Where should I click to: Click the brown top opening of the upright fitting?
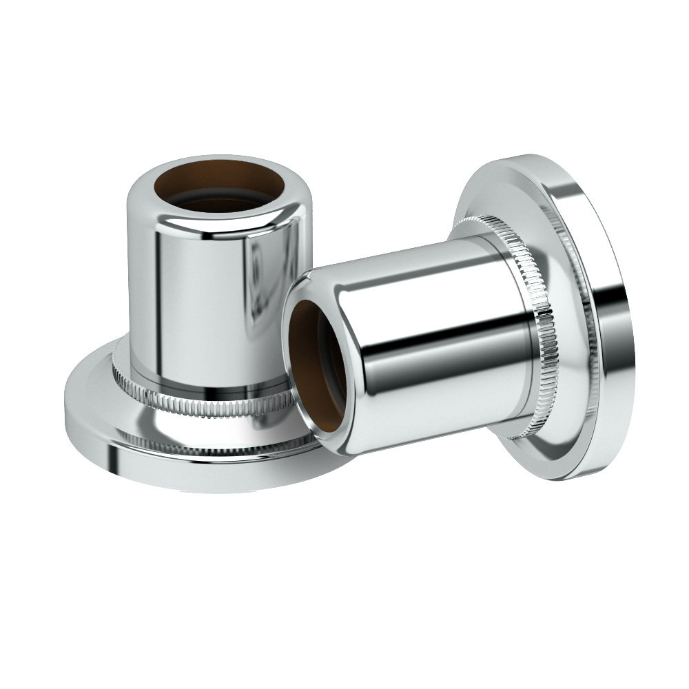(x=219, y=181)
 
